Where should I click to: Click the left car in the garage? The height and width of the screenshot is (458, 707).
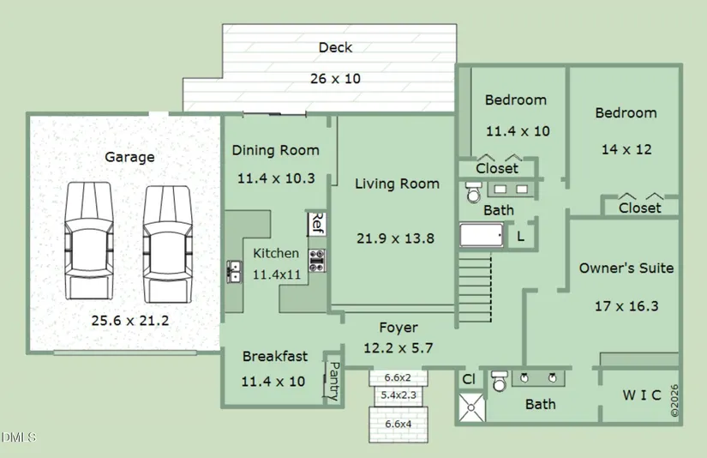(88, 240)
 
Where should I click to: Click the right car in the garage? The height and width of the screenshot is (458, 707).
(167, 244)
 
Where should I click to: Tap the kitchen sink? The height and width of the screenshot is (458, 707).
(234, 272)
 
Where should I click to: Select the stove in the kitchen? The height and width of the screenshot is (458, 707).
(317, 261)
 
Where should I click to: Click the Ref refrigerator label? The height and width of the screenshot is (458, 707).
(317, 223)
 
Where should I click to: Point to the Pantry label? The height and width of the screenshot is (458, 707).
(334, 381)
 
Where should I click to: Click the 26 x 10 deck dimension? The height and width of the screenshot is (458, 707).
(335, 79)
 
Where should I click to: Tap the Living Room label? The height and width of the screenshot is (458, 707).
(397, 184)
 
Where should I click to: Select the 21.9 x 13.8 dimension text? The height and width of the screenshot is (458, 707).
(395, 238)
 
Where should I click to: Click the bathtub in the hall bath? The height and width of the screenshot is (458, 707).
(482, 235)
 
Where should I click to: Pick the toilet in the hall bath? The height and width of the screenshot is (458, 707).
(473, 192)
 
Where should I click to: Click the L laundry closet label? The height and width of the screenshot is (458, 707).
(520, 237)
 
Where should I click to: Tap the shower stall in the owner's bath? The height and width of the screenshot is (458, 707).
(471, 407)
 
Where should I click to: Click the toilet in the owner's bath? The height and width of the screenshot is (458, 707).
(499, 381)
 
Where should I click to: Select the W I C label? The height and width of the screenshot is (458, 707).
(642, 395)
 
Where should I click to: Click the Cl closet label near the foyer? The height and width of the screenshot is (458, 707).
(469, 379)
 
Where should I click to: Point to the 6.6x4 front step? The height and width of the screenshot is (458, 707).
(398, 425)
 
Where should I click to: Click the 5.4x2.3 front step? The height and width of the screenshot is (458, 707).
(398, 395)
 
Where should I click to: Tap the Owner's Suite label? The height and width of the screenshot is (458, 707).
(626, 268)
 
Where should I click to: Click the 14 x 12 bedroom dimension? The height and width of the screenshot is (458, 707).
(626, 149)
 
